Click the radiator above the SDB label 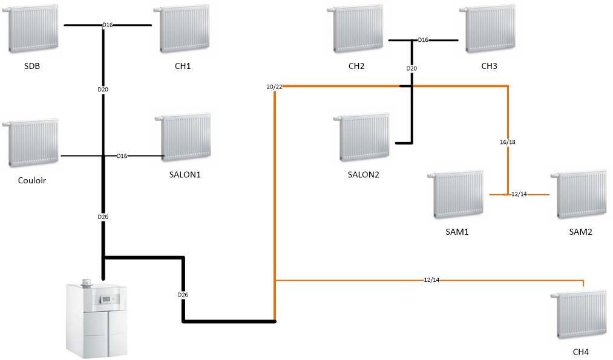point(34,30)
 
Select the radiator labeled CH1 point(184,30)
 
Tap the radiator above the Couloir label point(34,143)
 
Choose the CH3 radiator point(491,30)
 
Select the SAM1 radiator point(458,194)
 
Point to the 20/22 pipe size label point(274,87)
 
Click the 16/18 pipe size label point(508,142)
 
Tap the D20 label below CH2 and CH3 point(411,68)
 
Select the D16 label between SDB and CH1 point(108,25)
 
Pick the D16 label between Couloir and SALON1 point(122,156)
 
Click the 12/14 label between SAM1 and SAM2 point(519,194)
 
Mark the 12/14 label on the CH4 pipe point(431,280)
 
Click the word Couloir point(33,180)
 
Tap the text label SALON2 point(363,175)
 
